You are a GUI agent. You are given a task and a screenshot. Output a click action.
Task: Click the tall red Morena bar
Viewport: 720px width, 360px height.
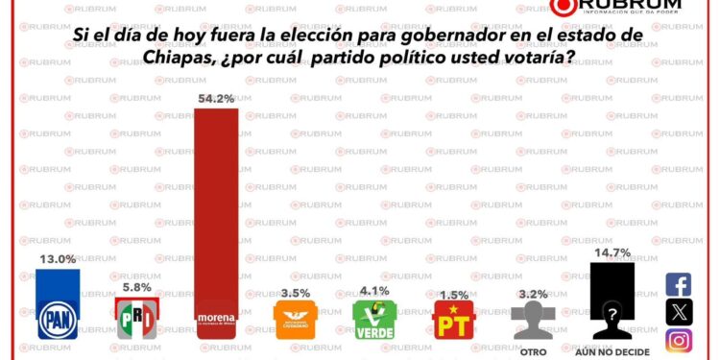point(216,211)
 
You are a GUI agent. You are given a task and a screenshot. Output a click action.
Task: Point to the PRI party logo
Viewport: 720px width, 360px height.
point(136,318)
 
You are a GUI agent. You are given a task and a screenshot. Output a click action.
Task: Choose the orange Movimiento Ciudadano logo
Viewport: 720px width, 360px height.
point(295,320)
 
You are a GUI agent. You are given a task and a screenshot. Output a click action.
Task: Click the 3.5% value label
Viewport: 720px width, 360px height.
point(296,291)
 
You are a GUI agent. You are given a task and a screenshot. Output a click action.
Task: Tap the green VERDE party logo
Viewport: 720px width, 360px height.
point(374,320)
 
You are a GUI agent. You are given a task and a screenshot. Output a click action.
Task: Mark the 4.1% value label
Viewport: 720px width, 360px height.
point(374,289)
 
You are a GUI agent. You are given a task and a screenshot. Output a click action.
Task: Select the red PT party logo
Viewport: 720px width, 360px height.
point(452,321)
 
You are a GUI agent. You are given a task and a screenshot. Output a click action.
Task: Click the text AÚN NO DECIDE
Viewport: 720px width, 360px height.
point(612,351)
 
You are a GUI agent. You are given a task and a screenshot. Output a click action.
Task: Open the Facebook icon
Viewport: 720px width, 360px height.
point(679,284)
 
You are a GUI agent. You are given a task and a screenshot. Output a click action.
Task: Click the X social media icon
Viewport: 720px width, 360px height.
point(679,312)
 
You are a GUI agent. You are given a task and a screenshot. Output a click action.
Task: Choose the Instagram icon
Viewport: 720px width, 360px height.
point(679,340)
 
